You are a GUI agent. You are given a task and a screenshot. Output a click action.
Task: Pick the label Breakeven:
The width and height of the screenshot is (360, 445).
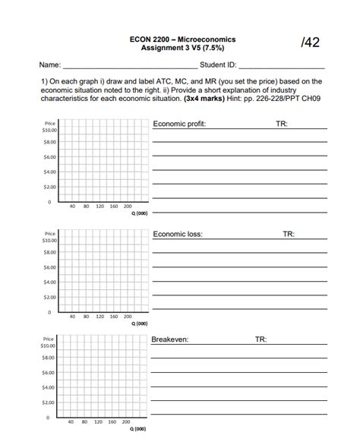pyautogui.click(x=171, y=340)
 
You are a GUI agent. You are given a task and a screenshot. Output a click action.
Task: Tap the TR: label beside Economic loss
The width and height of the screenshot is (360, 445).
pyautogui.click(x=289, y=235)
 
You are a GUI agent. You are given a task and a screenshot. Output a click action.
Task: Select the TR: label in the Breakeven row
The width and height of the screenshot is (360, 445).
pyautogui.click(x=261, y=340)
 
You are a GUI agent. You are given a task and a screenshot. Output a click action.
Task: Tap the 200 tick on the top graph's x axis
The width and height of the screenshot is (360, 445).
pyautogui.click(x=128, y=206)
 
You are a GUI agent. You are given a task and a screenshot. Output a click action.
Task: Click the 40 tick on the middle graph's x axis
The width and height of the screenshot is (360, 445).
pyautogui.click(x=71, y=316)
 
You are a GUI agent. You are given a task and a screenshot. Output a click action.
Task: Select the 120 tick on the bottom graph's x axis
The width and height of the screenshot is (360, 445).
pyautogui.click(x=99, y=421)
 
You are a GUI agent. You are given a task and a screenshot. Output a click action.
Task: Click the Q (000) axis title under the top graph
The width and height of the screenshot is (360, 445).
pyautogui.click(x=139, y=213)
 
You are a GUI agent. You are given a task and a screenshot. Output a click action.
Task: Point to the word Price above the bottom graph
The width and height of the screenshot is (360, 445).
pyautogui.click(x=49, y=336)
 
